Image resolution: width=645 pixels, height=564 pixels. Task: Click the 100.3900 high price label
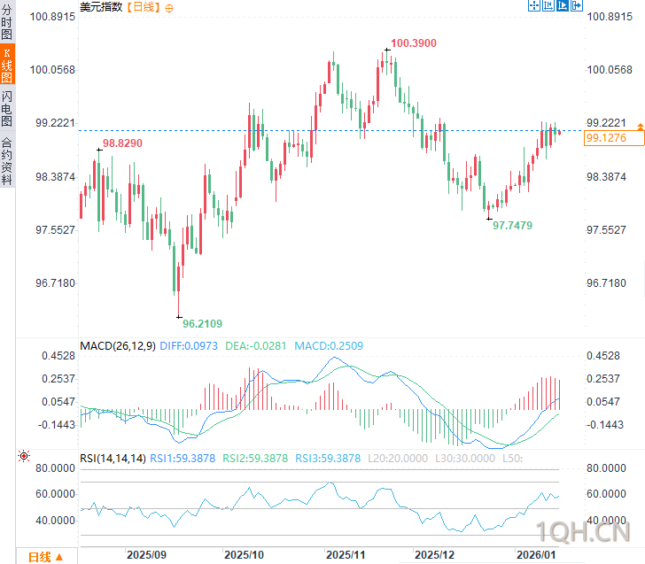click(413, 42)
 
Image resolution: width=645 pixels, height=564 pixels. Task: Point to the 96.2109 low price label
click(203, 324)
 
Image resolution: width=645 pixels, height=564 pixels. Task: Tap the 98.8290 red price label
click(122, 143)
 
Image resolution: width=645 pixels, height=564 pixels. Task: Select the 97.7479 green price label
click(513, 226)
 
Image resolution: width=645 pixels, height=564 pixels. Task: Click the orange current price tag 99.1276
click(607, 138)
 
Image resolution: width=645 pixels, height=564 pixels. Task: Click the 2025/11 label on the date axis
click(347, 554)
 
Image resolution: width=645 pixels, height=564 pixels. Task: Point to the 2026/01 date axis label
click(538, 554)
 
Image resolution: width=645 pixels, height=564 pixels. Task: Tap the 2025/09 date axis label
click(146, 554)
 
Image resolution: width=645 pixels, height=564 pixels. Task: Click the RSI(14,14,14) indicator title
click(113, 458)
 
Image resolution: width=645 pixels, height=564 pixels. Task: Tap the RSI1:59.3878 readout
click(183, 458)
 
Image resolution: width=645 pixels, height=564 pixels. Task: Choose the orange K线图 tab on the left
click(7, 66)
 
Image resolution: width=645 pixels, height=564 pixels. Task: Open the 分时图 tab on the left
click(7, 23)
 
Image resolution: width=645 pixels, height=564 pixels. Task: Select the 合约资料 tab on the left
click(7, 160)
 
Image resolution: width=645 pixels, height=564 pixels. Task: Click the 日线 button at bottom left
click(44, 557)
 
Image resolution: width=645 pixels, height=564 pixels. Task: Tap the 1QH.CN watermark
click(584, 531)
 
